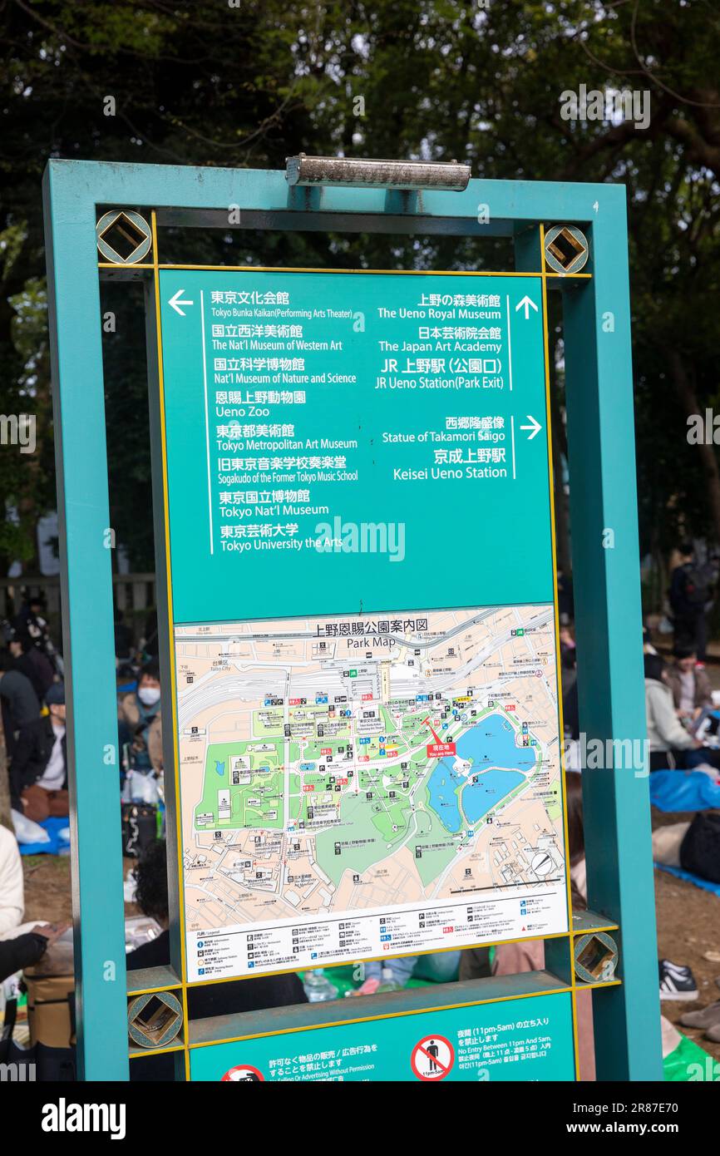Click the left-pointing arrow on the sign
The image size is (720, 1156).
point(180,303)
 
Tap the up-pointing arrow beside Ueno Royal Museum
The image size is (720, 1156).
point(526,307)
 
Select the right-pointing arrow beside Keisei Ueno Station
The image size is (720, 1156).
point(530,427)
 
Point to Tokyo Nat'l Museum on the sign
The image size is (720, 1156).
point(274,511)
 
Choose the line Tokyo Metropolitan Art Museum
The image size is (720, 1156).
point(287,444)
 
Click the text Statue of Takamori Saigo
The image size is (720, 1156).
point(443,437)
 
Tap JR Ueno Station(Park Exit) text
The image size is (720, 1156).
point(439,383)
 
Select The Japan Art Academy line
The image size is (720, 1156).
point(440,346)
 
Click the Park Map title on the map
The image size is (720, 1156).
point(371,642)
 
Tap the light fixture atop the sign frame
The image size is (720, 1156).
point(377,172)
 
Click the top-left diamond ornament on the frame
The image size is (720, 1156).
point(123,237)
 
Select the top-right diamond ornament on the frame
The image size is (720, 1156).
point(565,249)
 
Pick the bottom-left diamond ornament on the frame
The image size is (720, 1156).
point(155,1019)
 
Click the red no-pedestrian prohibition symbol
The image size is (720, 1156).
point(432,1057)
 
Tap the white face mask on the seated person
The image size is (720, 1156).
point(149,695)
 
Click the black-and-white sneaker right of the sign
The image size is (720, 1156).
point(678,981)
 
